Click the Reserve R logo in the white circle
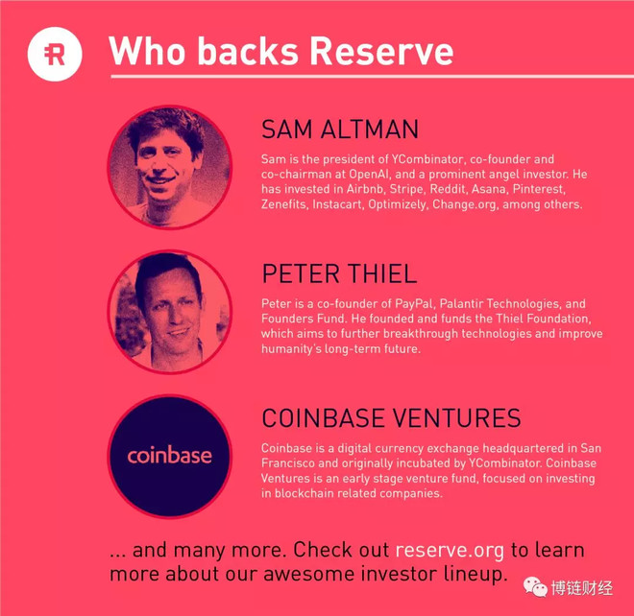pyautogui.click(x=55, y=54)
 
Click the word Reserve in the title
pyautogui.click(x=381, y=52)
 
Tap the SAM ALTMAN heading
pyautogui.click(x=340, y=130)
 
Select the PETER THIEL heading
pyautogui.click(x=339, y=273)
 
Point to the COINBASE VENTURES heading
pyautogui.click(x=391, y=417)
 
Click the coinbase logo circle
pyautogui.click(x=170, y=456)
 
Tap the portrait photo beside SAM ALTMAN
pyautogui.click(x=170, y=167)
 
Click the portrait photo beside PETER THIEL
pyautogui.click(x=170, y=312)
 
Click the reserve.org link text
pyautogui.click(x=450, y=551)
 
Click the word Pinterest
pyautogui.click(x=539, y=189)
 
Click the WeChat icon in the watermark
pyautogui.click(x=535, y=586)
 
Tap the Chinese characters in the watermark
pyautogui.click(x=581, y=588)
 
